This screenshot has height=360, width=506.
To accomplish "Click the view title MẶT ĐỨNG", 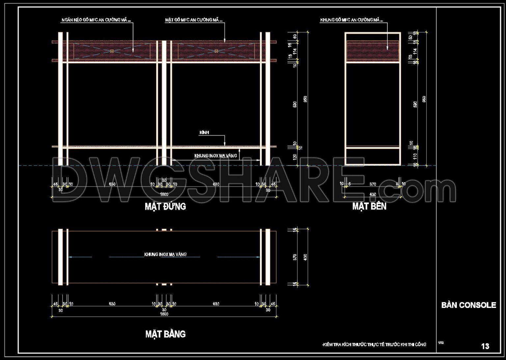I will point(165,206).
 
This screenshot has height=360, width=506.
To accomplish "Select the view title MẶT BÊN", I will point(369,206).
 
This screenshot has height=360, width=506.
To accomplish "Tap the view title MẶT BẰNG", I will point(165,334).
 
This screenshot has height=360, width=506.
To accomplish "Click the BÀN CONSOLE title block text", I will point(468,305).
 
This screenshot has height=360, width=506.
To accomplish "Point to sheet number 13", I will point(485,346).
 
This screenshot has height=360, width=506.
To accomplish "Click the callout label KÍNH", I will point(204,133).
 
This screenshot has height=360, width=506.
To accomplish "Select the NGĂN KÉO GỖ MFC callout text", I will point(96,20).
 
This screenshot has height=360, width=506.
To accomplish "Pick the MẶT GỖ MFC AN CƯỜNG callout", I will point(193,20).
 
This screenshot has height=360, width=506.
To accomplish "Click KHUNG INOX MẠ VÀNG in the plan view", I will point(165,254).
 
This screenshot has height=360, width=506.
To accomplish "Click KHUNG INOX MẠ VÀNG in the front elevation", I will point(215,156).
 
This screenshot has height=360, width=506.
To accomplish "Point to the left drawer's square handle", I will point(112,51).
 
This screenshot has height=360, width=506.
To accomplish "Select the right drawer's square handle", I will point(216,51).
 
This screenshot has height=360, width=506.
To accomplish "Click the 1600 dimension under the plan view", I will point(164,314).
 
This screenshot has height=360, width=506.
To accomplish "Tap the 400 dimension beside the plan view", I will point(305,257).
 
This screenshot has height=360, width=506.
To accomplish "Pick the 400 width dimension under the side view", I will point(373,195).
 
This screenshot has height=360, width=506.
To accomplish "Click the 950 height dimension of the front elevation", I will point(305,99).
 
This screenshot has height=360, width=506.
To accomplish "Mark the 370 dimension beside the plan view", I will point(295,257).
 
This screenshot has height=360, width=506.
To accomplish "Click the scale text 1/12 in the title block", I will point(441,343).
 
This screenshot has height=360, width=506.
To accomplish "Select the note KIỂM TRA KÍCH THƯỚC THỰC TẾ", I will point(374,345).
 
